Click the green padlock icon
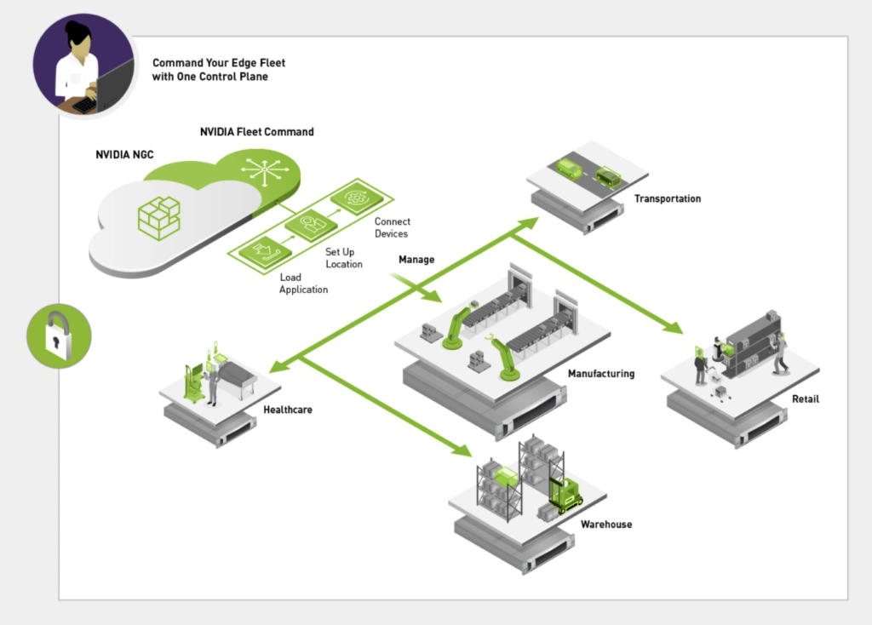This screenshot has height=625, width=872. coord(59,335)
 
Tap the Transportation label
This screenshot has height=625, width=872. coord(667,199)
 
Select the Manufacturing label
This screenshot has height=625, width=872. coord(600,374)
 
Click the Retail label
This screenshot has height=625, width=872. coord(805,399)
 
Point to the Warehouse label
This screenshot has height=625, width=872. coord(606,525)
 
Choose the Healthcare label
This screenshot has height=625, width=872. coord(288,410)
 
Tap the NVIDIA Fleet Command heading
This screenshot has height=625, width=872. coord(256,132)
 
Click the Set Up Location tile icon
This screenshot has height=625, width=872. coord(310,224)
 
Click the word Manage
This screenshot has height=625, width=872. coord(416,259)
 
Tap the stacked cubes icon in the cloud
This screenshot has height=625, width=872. coord(159,216)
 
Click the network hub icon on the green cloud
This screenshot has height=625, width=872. coord(265,169)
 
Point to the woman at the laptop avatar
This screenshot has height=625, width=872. coord(83,66)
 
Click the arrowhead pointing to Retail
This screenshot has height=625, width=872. coord(674,327)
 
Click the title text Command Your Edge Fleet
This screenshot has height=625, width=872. coord(219,63)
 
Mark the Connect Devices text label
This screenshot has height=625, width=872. coord(392,227)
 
